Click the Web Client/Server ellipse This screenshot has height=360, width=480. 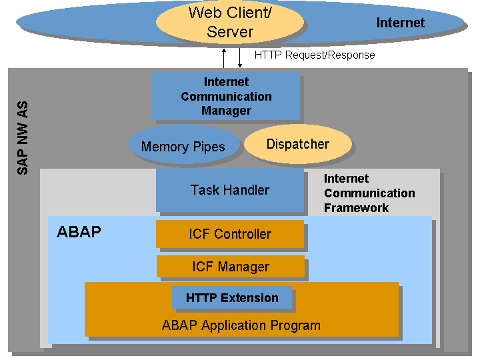tap(230, 22)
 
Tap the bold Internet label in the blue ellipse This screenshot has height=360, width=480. tap(401, 23)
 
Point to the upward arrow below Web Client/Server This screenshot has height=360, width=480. tap(224, 58)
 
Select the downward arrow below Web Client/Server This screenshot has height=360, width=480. tap(240, 58)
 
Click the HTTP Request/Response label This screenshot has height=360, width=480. tap(315, 55)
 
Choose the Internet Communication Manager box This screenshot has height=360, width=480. tap(226, 96)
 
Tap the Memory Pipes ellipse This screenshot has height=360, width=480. tap(183, 145)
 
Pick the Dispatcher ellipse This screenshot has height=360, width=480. tap(298, 144)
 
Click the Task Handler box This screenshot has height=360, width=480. tap(230, 190)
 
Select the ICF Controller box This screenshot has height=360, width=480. tap(230, 234)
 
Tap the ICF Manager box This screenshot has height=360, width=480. tap(231, 266)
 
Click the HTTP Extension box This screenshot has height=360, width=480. tap(232, 297)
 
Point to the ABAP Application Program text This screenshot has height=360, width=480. tap(241, 325)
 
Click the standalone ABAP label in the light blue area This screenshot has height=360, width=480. tap(79, 232)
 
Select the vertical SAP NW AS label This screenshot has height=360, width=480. tap(23, 138)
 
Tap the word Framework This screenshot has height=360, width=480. tap(356, 208)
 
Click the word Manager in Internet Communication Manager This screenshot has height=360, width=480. tap(226, 111)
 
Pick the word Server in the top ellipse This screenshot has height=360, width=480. tap(230, 32)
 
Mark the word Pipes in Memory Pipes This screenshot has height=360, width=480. tap(209, 147)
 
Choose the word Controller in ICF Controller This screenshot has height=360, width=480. tap(243, 234)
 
